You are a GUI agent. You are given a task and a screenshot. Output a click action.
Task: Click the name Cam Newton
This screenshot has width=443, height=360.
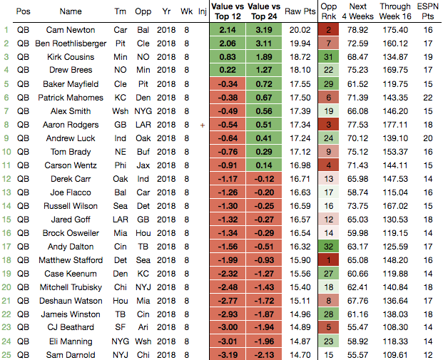(71, 30)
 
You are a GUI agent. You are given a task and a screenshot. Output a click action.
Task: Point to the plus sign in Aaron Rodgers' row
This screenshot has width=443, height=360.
(202, 125)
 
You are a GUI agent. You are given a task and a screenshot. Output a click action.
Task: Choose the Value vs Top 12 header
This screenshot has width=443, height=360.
(228, 12)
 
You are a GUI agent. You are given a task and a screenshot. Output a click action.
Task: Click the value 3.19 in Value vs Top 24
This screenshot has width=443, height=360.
(264, 30)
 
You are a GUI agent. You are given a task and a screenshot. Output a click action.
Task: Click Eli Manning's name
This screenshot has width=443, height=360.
(71, 341)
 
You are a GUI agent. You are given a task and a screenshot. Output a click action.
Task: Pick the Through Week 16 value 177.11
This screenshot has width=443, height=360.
(395, 125)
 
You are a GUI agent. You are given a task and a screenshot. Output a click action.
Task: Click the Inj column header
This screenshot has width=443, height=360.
(202, 12)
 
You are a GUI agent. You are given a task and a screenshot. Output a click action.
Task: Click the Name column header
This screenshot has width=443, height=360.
(71, 12)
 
